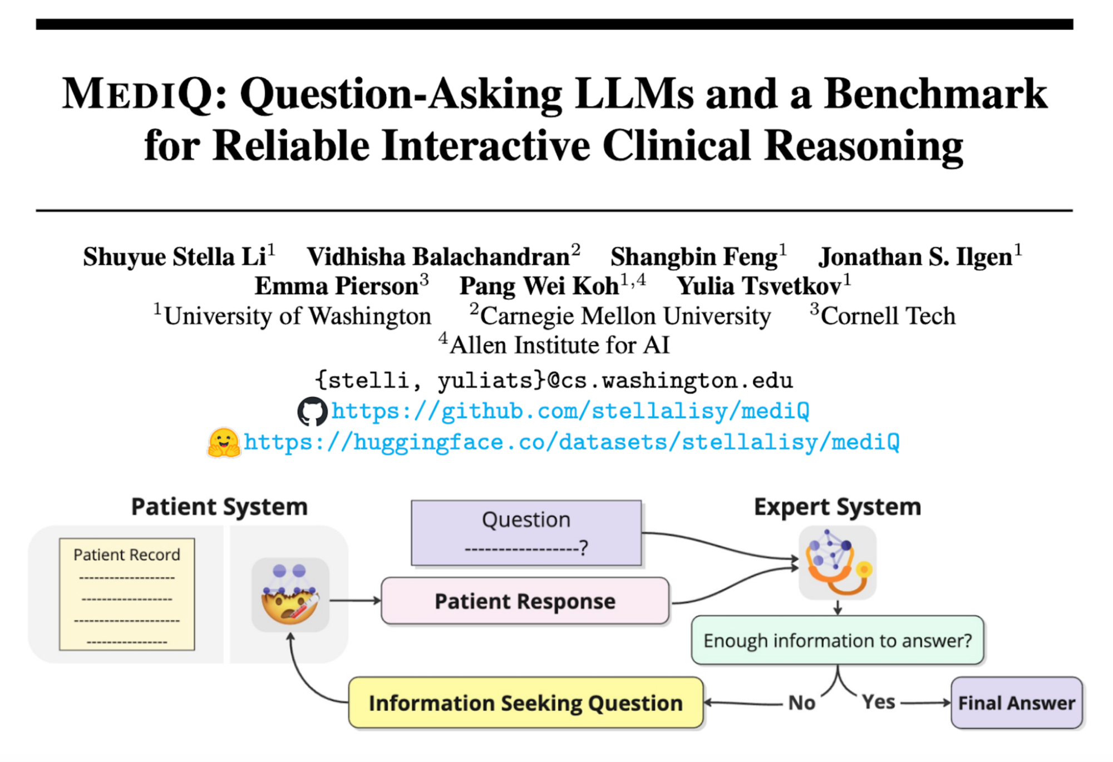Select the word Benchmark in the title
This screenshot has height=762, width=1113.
[x=935, y=93]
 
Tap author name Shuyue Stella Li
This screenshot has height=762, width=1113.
[x=175, y=257]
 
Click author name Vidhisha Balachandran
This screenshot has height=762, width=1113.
[x=439, y=257]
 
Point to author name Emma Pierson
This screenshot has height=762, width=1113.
[x=337, y=286]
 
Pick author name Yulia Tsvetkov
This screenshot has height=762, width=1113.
[x=759, y=286]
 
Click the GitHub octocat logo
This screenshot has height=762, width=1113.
[x=312, y=412]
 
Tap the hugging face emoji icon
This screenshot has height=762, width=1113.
[x=224, y=443]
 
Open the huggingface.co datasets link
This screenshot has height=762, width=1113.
[x=572, y=443]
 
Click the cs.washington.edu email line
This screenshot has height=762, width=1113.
[x=554, y=381]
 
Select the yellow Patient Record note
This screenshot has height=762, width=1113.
[x=127, y=594]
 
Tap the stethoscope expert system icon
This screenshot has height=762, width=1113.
[x=838, y=563]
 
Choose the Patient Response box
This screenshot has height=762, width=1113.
[x=525, y=601]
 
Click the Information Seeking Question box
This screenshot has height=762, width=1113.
[x=526, y=703]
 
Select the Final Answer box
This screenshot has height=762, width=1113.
[x=1017, y=703]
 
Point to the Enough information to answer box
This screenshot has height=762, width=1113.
[x=838, y=640]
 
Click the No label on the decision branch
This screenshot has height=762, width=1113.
[x=802, y=703]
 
